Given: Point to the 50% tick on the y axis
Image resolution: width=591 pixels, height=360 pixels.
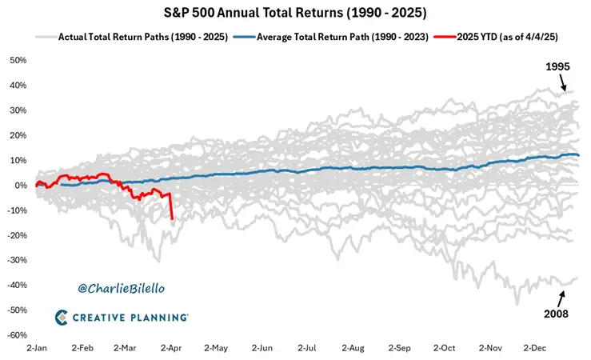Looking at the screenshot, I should (x=18, y=61).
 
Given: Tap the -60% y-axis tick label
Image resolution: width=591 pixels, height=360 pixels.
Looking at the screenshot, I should (x=17, y=335).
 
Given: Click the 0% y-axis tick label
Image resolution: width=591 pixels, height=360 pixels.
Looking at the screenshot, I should (x=21, y=186).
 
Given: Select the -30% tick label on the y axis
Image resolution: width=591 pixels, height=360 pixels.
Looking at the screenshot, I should (x=17, y=260).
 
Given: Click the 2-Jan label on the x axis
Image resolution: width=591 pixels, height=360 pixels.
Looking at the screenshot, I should (x=37, y=349).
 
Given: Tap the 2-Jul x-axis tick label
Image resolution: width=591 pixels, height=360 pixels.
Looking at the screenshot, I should (x=308, y=349).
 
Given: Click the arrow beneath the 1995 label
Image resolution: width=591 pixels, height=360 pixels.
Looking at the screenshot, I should (x=565, y=82).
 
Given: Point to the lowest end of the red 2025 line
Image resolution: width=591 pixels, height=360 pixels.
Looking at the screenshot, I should (x=172, y=218).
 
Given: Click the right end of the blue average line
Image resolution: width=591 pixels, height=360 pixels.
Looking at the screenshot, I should (x=579, y=155).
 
